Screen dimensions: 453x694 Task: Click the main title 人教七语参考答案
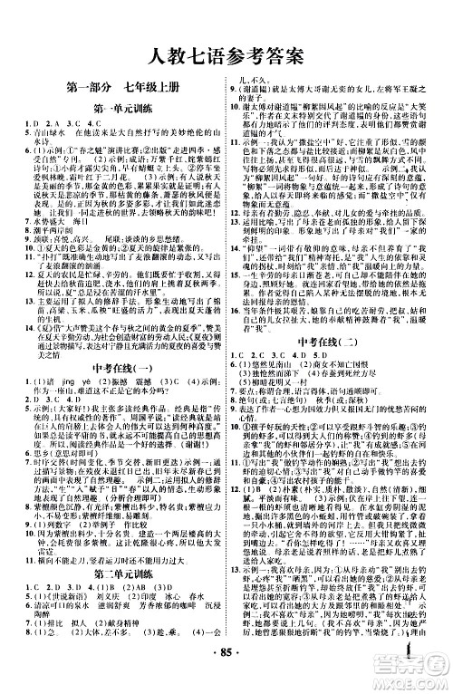226,56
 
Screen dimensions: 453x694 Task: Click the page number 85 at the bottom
226,679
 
